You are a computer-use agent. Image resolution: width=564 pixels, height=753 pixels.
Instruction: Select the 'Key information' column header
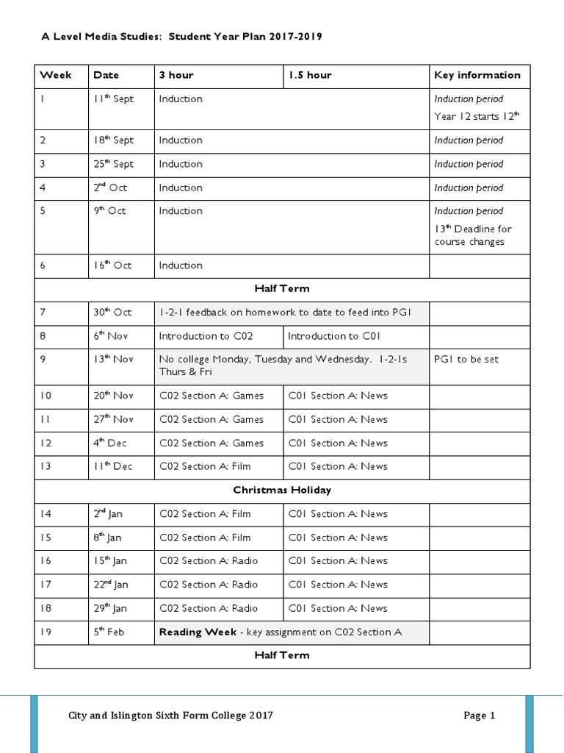[x=477, y=75]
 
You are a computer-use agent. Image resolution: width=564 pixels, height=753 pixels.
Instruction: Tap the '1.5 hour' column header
[x=309, y=75]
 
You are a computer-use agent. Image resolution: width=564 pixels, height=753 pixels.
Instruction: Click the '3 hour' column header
[x=176, y=75]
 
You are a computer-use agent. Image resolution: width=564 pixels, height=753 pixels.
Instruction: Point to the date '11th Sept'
[x=113, y=99]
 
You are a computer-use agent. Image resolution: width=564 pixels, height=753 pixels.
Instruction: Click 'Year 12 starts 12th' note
[x=477, y=116]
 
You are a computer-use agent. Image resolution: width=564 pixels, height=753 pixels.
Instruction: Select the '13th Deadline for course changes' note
[x=473, y=235]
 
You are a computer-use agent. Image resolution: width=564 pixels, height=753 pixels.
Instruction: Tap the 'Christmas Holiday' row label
[x=282, y=490]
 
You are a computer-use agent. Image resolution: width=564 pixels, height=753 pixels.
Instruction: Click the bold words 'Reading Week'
[x=198, y=632]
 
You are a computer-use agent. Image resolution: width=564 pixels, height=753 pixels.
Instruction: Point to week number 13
[x=46, y=466]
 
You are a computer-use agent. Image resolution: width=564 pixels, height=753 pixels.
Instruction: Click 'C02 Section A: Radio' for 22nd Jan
[x=209, y=585]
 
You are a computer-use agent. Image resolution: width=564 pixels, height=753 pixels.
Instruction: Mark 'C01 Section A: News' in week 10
[x=338, y=396]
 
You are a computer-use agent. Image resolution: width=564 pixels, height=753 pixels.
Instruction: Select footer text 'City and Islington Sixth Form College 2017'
[x=170, y=715]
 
